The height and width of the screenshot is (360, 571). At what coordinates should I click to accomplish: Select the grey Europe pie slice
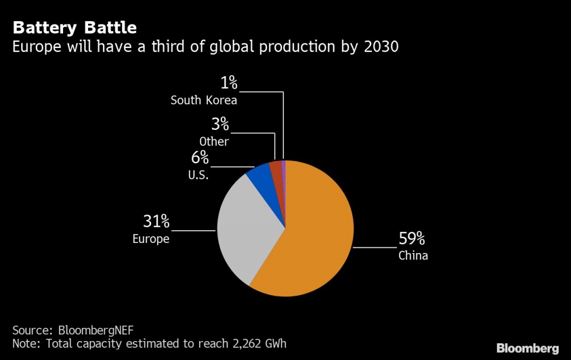[245, 228]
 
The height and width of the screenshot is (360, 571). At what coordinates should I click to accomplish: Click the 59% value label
[412, 240]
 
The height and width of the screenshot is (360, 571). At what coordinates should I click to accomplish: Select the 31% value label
[156, 222]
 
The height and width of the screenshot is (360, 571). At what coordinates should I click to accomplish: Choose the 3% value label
[220, 124]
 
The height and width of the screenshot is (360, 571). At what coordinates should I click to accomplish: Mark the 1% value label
[229, 83]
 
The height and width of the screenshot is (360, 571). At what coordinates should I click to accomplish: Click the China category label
[413, 256]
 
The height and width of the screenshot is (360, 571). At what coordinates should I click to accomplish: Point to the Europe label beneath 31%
[151, 239]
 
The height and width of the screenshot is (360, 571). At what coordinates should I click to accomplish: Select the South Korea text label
[204, 100]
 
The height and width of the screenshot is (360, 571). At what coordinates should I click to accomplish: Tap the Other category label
[214, 142]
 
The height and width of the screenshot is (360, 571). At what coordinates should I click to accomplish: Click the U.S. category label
[199, 175]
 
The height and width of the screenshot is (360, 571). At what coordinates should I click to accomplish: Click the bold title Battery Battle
[75, 27]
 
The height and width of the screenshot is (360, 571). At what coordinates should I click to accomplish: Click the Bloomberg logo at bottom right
[527, 348]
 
